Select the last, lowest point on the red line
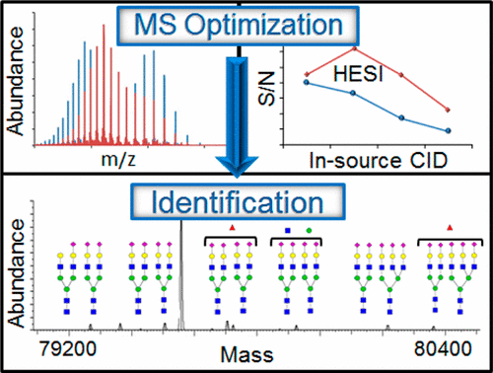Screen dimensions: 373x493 pyautogui.click(x=449, y=110)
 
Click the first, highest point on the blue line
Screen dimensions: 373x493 pyautogui.click(x=308, y=82)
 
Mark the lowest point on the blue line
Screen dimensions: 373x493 pyautogui.click(x=449, y=130)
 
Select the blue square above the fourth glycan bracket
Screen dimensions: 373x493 pyautogui.click(x=287, y=229)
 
